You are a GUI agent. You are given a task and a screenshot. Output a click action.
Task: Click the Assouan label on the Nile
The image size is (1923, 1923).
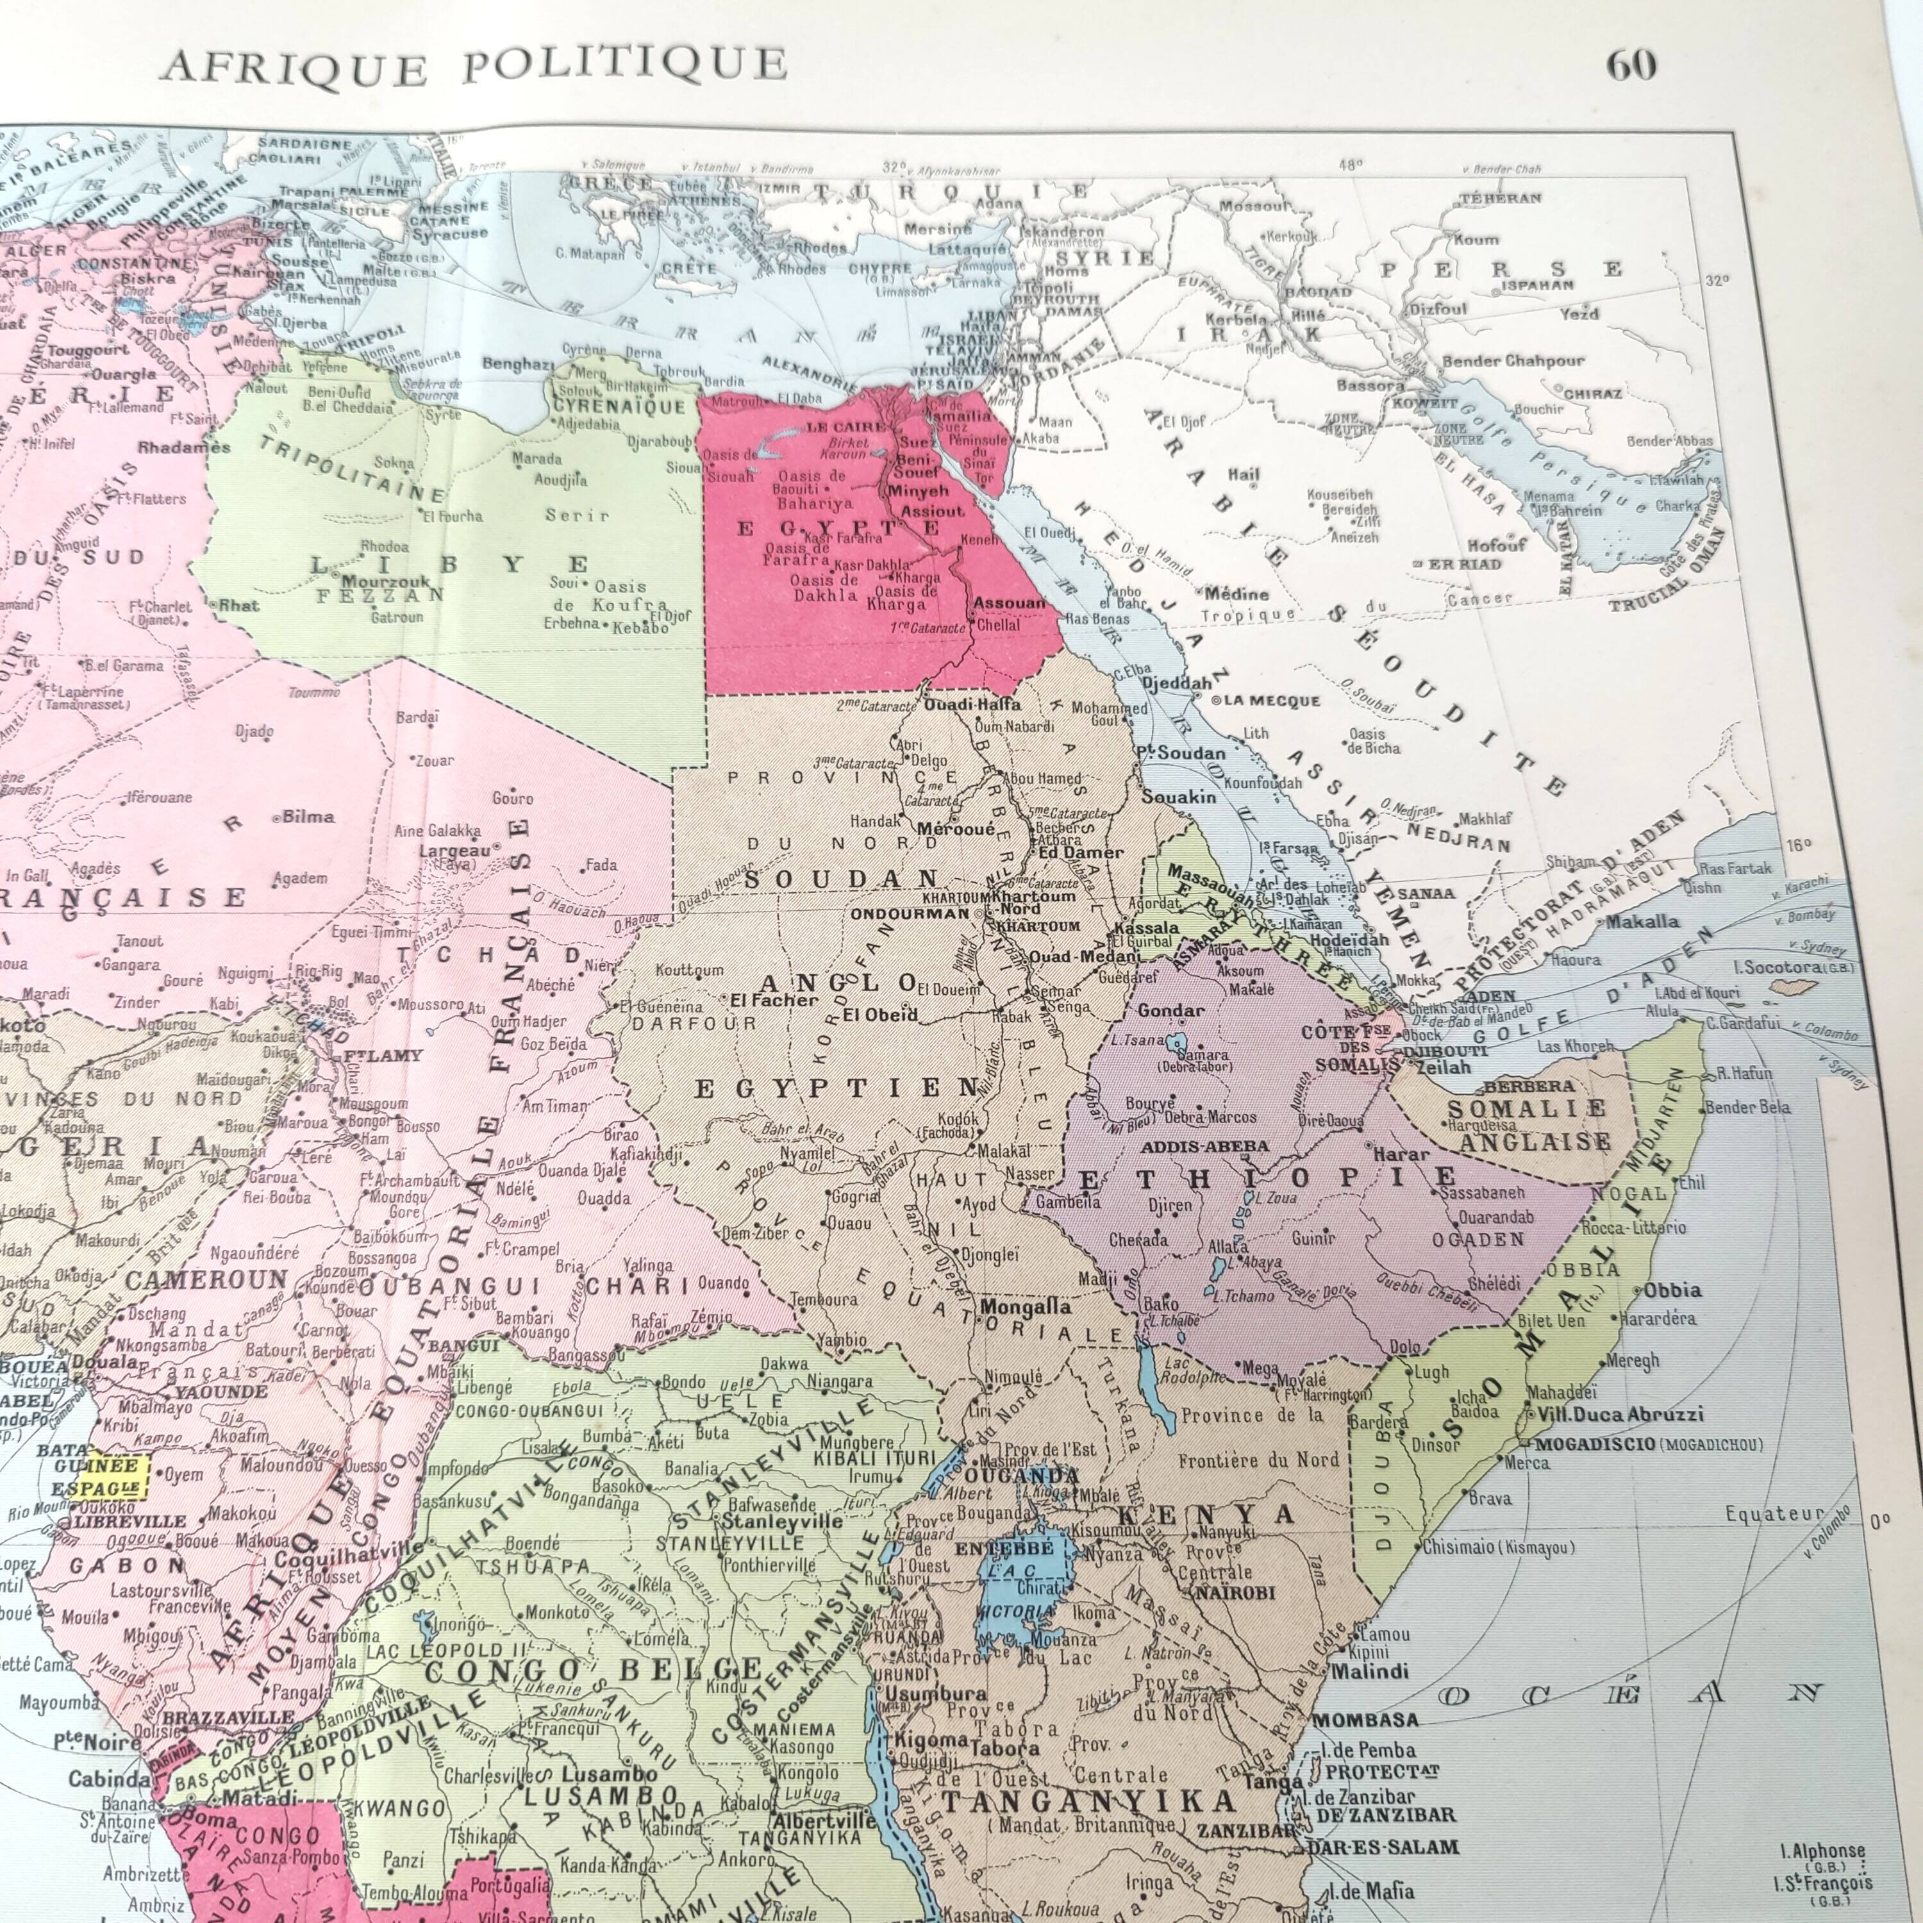click(x=1010, y=603)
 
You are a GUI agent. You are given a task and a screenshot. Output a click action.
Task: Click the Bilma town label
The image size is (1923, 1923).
click(x=308, y=816)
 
